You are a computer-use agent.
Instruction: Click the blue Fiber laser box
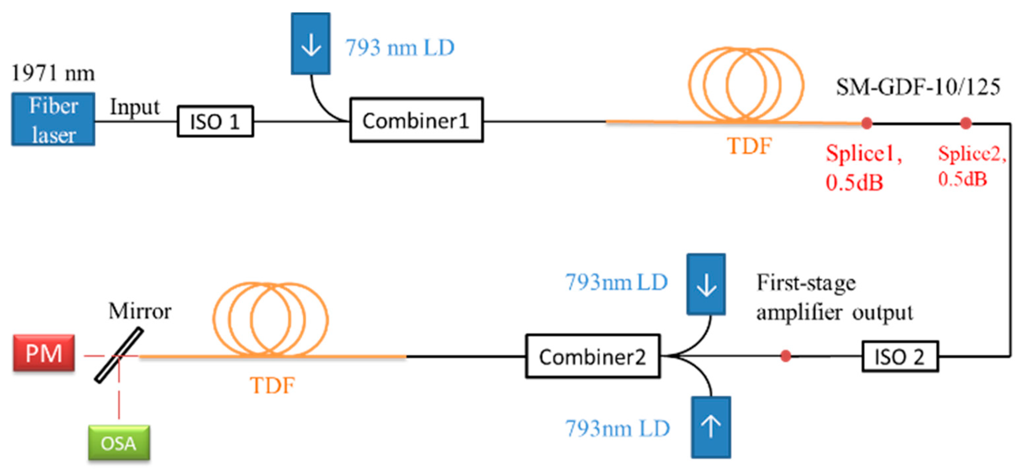(x=53, y=119)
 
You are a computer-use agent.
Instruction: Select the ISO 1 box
(x=215, y=121)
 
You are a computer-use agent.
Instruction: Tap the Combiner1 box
(x=416, y=120)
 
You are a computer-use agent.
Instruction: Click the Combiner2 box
(x=593, y=356)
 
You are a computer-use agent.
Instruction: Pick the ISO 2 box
(x=900, y=356)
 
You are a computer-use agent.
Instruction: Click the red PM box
(x=44, y=353)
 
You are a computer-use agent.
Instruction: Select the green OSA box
(x=119, y=443)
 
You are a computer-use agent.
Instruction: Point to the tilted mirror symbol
(x=119, y=355)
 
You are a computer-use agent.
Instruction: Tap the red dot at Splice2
(x=966, y=123)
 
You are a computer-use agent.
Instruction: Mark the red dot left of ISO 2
(x=786, y=356)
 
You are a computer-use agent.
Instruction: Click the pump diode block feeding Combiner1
(x=310, y=44)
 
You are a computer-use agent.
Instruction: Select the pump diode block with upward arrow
(x=711, y=427)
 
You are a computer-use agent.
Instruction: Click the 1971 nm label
(x=53, y=73)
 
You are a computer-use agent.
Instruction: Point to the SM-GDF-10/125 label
(x=918, y=87)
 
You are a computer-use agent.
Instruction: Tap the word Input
(x=135, y=107)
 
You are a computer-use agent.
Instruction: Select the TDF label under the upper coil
(x=749, y=146)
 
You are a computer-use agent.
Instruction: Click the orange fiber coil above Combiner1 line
(x=746, y=85)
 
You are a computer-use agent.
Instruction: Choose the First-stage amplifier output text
(x=834, y=297)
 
